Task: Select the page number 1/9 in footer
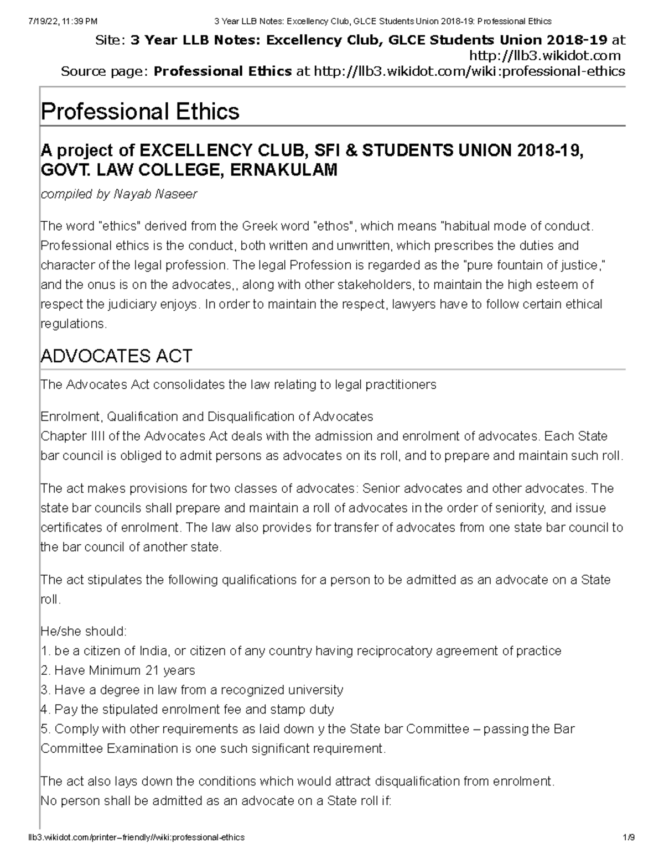click(x=628, y=837)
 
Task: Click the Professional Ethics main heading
click(x=140, y=112)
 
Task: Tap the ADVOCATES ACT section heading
click(x=116, y=356)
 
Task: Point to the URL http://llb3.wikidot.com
click(x=544, y=55)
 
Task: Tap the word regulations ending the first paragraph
click(x=73, y=324)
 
